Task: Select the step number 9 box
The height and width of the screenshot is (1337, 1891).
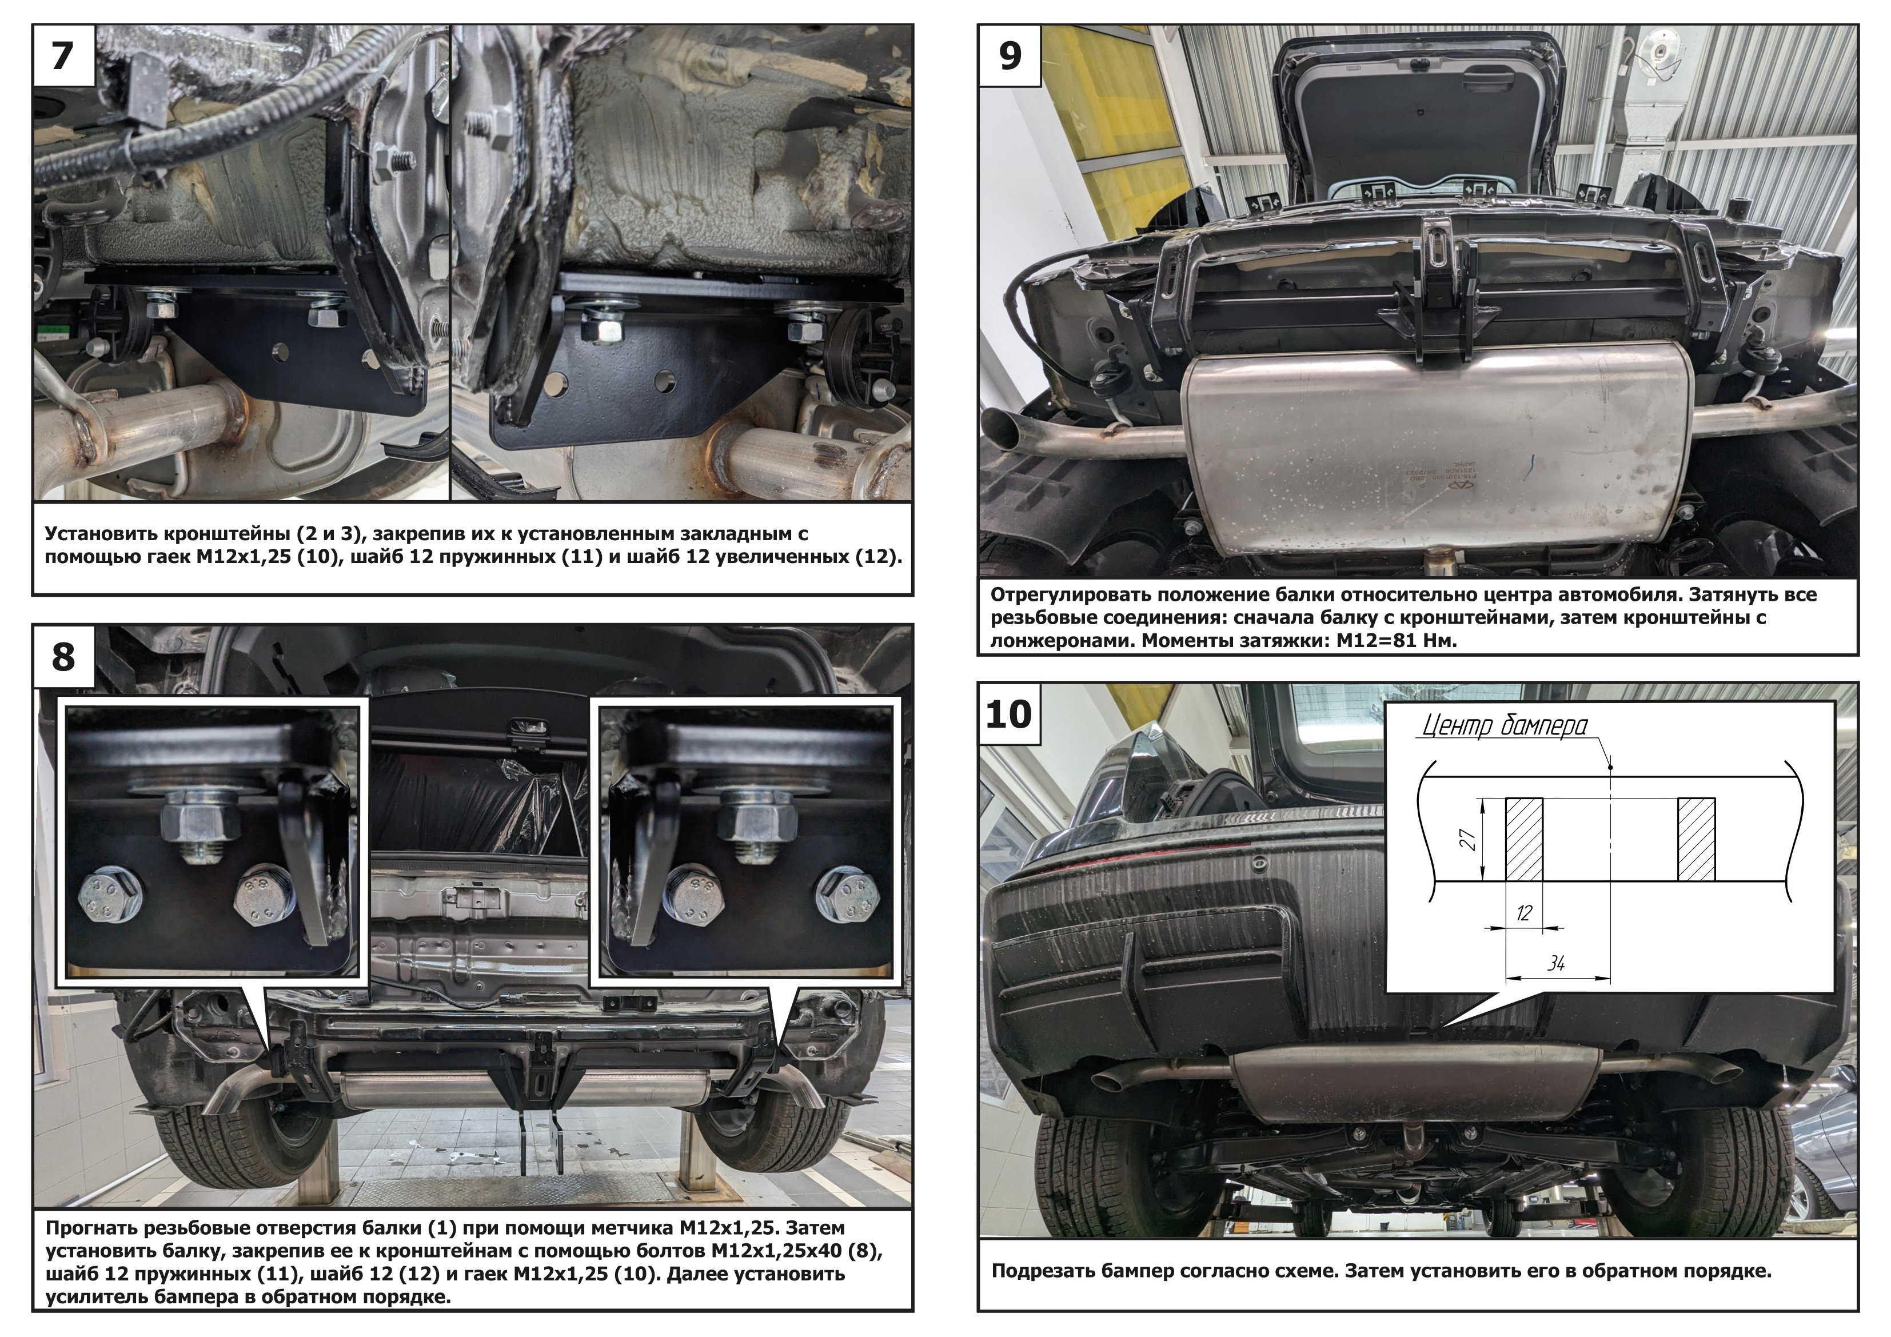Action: pyautogui.click(x=1010, y=56)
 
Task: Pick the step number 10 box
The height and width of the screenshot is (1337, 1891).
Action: pyautogui.click(x=1009, y=714)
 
